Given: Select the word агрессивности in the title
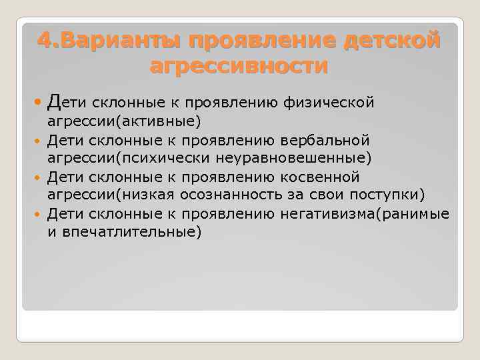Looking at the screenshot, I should (x=239, y=66).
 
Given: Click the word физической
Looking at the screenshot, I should (x=329, y=103).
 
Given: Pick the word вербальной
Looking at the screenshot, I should (x=323, y=141).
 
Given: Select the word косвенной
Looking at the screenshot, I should (x=318, y=177).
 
